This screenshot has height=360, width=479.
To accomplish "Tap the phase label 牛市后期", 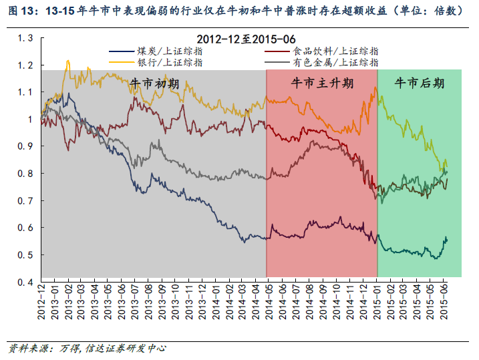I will click(x=420, y=83).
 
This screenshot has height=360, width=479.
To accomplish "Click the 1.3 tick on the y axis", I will click(x=26, y=38).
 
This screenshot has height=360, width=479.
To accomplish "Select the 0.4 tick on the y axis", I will click(x=26, y=283).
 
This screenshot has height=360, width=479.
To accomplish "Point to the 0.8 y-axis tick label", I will click(x=26, y=174).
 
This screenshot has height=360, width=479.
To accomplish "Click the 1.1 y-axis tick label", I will click(x=26, y=92).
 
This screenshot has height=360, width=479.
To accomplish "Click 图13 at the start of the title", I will click(x=18, y=11).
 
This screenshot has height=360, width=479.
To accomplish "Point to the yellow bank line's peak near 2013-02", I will click(x=67, y=62).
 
